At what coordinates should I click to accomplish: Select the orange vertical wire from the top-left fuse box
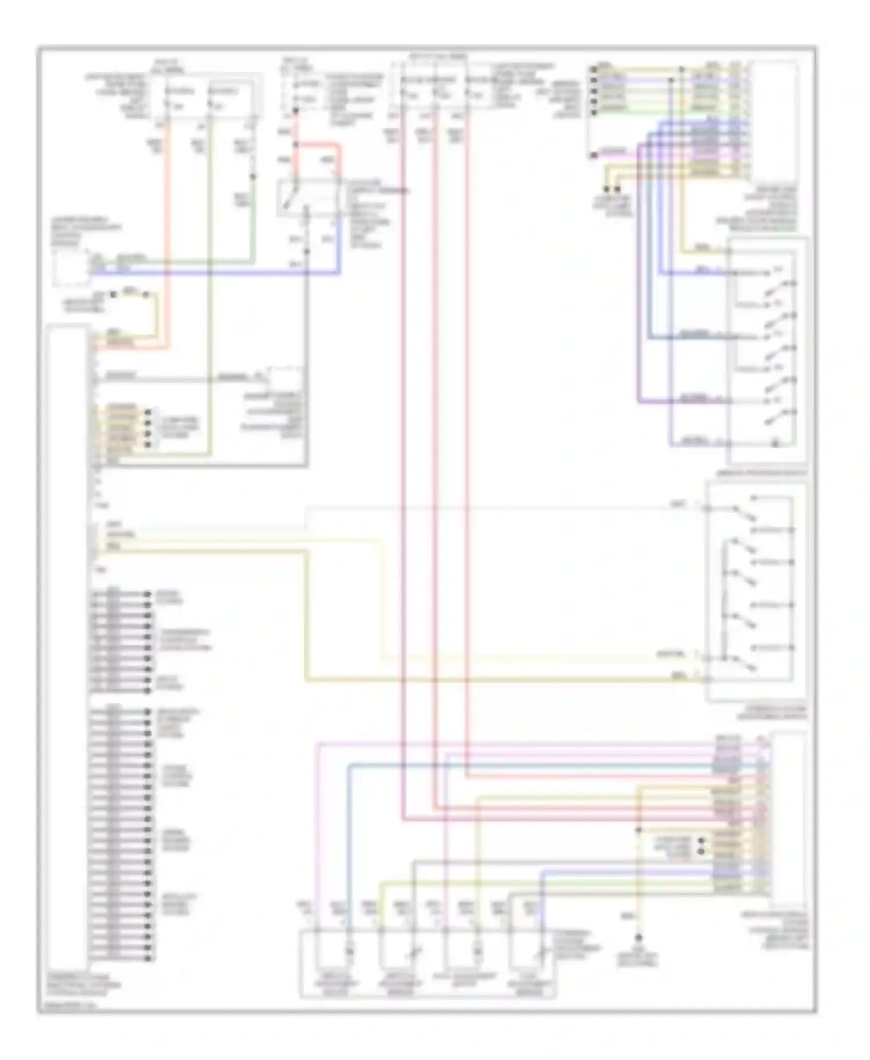[x=169, y=232]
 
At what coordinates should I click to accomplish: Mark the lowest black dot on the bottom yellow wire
[x=639, y=938]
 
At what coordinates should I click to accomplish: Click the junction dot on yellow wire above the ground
[x=638, y=830]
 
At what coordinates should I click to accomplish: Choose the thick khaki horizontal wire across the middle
[x=493, y=678]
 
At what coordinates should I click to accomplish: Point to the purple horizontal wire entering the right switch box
[x=679, y=401]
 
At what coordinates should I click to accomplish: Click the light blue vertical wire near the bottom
[x=349, y=841]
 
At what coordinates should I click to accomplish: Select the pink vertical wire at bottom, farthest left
[x=317, y=841]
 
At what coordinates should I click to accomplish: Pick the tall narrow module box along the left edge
[x=68, y=638]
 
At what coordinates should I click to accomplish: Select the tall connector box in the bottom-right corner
[x=788, y=818]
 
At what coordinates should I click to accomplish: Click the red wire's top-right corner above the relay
[x=339, y=147]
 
